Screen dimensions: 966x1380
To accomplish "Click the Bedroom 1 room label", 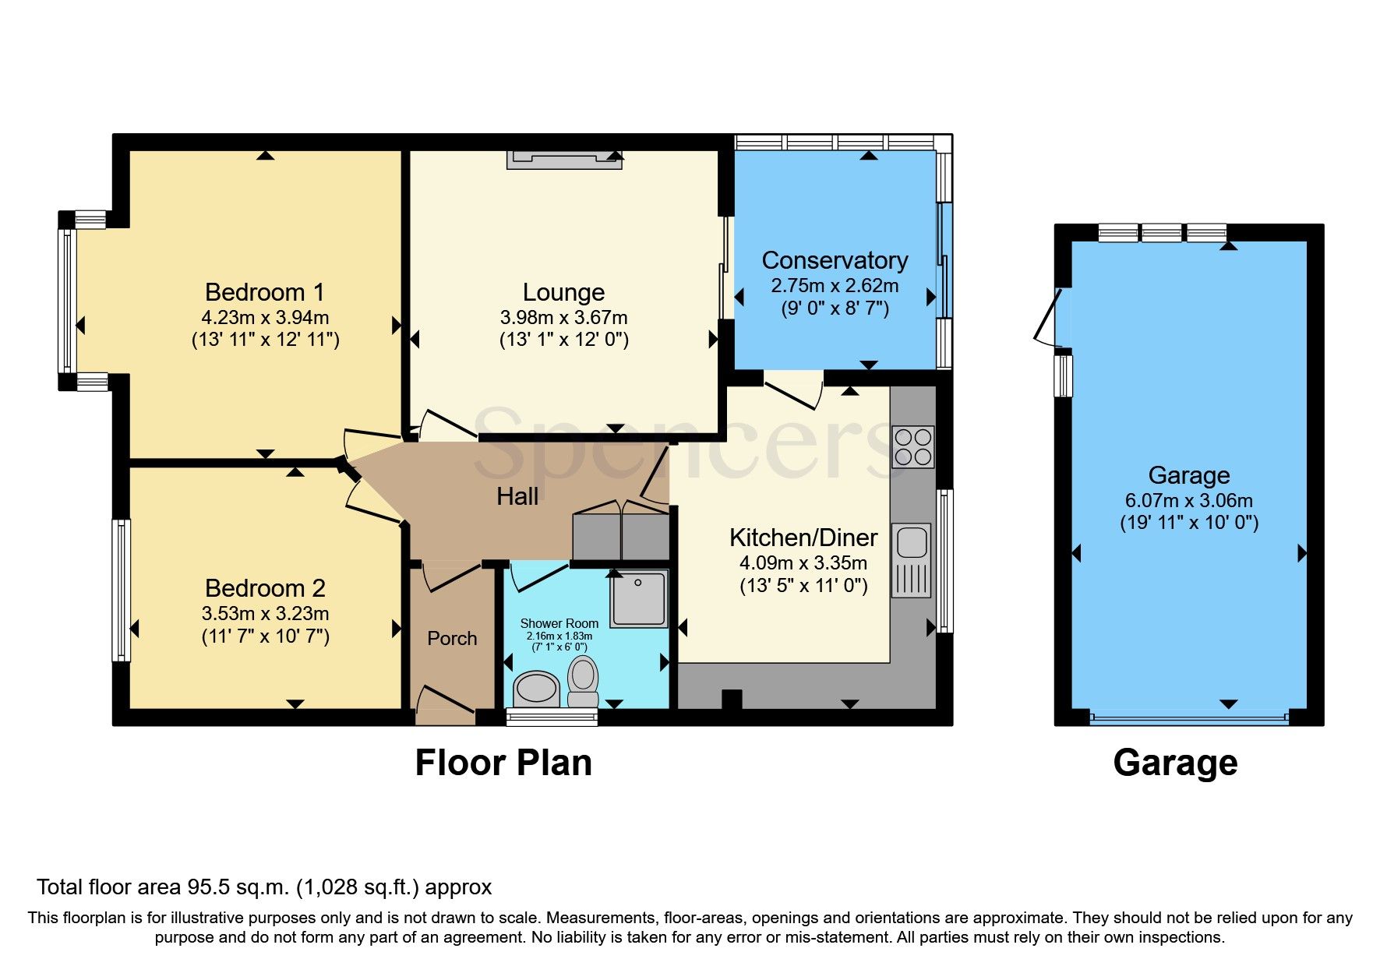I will click(264, 292).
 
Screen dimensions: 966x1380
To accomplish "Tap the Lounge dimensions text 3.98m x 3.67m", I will click(563, 318).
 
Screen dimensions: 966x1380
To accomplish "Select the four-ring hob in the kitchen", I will click(912, 446).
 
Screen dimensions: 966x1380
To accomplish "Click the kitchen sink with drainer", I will click(911, 559).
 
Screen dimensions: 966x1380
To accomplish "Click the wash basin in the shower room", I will click(537, 689).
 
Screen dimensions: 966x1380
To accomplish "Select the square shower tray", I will click(639, 598).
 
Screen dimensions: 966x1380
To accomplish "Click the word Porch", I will click(452, 638).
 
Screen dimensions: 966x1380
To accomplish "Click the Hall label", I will click(517, 496).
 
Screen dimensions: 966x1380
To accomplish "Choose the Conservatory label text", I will click(835, 260).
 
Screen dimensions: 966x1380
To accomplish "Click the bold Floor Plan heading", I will click(503, 763).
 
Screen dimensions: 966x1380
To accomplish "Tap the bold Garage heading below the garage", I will click(1175, 763).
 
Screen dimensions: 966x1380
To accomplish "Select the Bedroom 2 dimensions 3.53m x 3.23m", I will click(265, 614).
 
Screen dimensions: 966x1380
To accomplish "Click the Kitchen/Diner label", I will click(803, 538).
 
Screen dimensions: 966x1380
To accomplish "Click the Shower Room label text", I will click(559, 623).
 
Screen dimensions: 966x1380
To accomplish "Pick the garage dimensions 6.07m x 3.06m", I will click(1188, 501).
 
